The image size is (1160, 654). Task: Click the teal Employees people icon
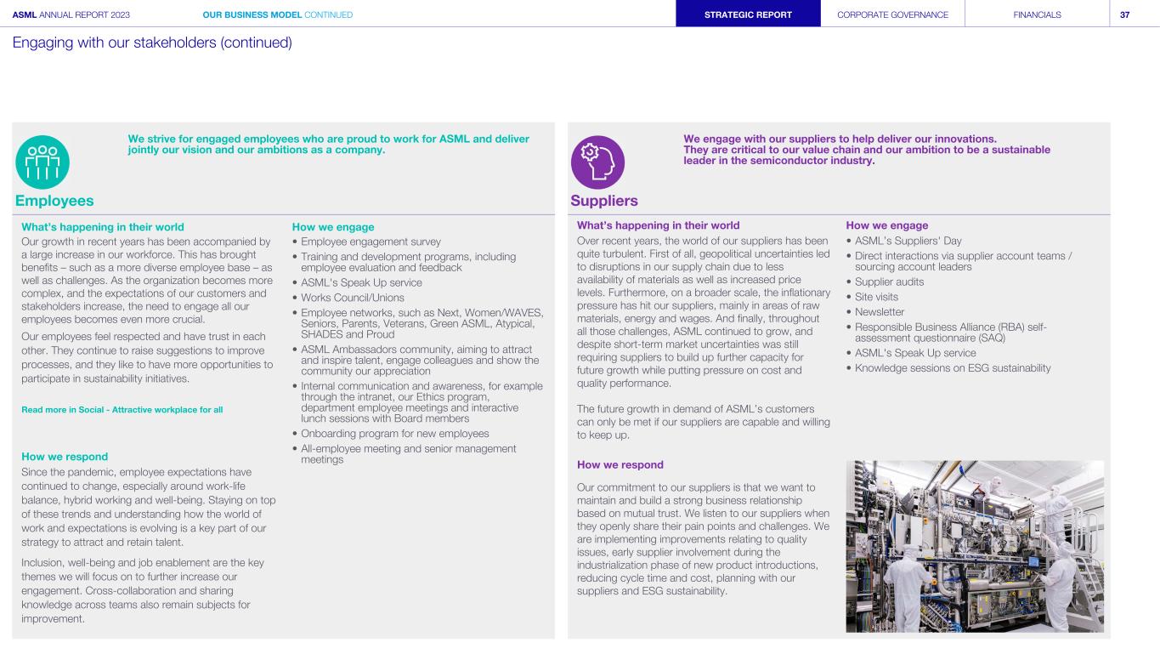click(x=42, y=162)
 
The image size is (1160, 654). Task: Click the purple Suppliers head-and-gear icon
click(x=597, y=162)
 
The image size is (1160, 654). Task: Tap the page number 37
click(x=1124, y=14)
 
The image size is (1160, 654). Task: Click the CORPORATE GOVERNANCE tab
click(x=892, y=14)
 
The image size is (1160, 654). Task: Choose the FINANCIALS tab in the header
click(x=1037, y=14)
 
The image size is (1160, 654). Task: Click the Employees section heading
click(x=54, y=201)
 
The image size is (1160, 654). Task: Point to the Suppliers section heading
click(x=604, y=201)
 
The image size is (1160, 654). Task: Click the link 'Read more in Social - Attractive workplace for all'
click(x=122, y=410)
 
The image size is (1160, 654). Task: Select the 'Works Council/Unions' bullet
click(x=353, y=298)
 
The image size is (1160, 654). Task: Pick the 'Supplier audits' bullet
click(x=889, y=282)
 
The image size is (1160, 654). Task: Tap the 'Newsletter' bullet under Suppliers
click(x=880, y=312)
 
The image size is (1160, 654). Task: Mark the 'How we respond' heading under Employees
click(x=65, y=457)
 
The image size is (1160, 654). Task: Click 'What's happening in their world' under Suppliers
click(x=658, y=225)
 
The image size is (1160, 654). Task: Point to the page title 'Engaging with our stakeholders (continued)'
click(x=152, y=43)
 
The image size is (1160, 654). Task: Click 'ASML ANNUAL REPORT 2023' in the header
click(x=71, y=14)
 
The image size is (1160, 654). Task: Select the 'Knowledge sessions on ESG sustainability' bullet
click(x=953, y=368)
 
